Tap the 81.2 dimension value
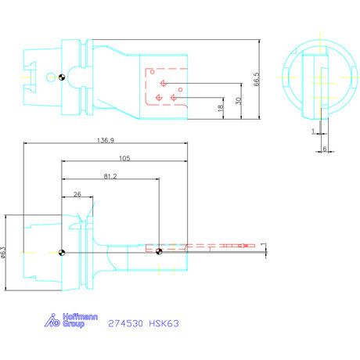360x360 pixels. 110,176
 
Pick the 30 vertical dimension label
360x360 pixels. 237,100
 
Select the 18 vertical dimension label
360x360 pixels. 220,110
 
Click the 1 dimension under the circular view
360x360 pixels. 311,131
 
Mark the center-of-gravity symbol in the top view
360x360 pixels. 60,77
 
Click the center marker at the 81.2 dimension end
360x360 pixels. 159,251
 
